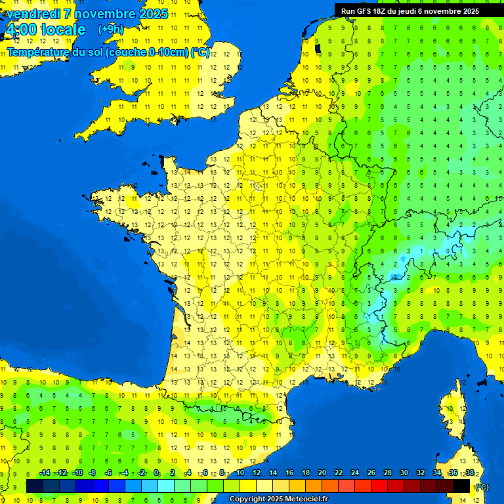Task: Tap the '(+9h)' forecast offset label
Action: pos(110,29)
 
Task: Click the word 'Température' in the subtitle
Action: pos(39,52)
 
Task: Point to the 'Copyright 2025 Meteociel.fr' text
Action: pos(278,499)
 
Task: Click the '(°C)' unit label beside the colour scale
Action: pos(481,486)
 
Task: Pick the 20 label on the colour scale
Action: pos(322,472)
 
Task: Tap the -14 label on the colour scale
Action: pos(45,472)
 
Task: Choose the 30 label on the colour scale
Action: pos(404,472)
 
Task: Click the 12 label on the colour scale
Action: pos(257,472)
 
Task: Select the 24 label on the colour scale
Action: pos(355,472)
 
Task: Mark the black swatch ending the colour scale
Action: pos(461,486)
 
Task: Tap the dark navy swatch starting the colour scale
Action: pos(35,486)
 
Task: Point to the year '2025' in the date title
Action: pos(154,14)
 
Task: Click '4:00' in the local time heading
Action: pos(20,30)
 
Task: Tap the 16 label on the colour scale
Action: pos(289,472)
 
